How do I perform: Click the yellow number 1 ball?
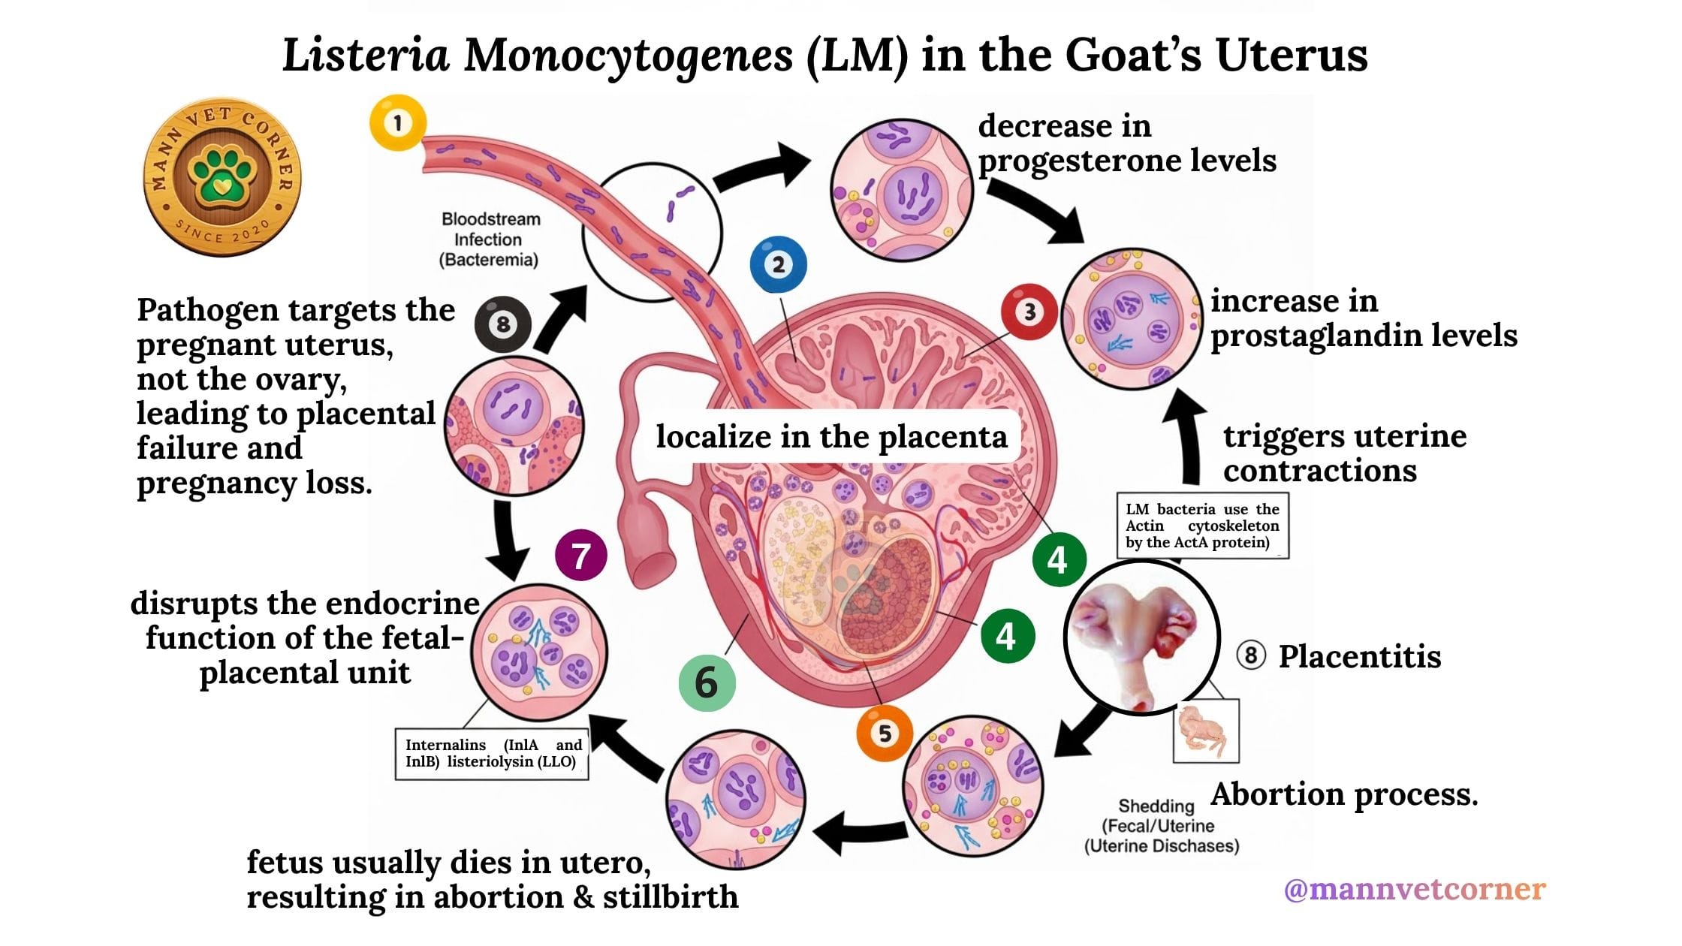398,122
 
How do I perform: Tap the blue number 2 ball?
779,264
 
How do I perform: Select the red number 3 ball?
1029,312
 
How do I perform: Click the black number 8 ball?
503,324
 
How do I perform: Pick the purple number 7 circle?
580,556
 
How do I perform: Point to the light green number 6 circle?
707,682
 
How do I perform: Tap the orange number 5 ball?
885,733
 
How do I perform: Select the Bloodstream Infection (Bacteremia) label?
490,240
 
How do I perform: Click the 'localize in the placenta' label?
831,436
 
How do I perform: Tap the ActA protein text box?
1202,526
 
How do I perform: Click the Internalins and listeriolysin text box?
493,753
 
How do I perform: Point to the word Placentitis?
1359,656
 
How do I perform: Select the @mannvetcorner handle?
1415,889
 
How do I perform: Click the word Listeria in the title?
366,56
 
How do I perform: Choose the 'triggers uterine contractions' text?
1344,453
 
